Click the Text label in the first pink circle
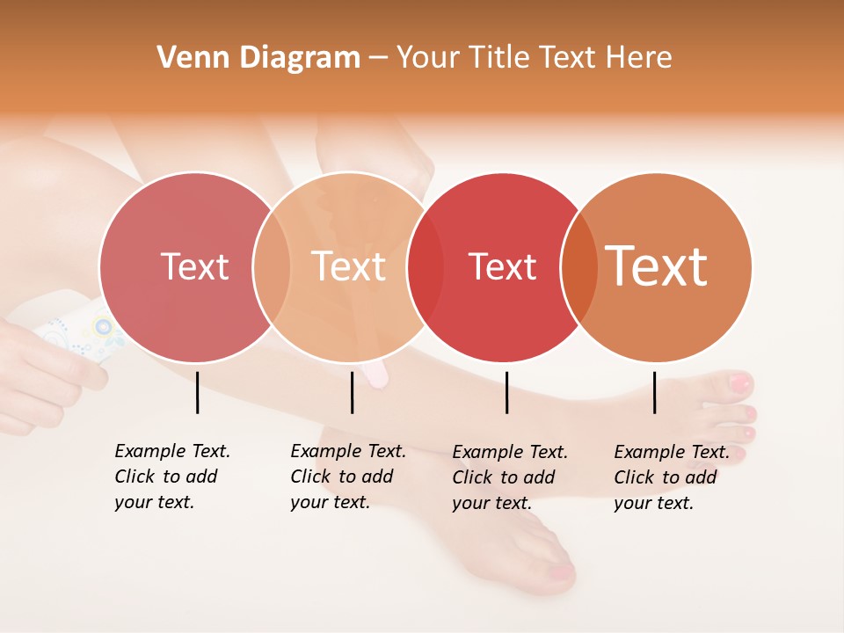194,266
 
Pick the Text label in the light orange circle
349,266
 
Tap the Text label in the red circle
502,266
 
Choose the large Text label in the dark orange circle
657,266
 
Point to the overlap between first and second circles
272,266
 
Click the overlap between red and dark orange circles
578,266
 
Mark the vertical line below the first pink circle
197,392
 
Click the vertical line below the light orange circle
352,392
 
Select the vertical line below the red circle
506,392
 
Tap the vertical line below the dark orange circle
654,392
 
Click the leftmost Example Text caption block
172,477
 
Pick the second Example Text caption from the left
348,477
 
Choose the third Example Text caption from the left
510,477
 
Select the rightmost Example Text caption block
672,477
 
